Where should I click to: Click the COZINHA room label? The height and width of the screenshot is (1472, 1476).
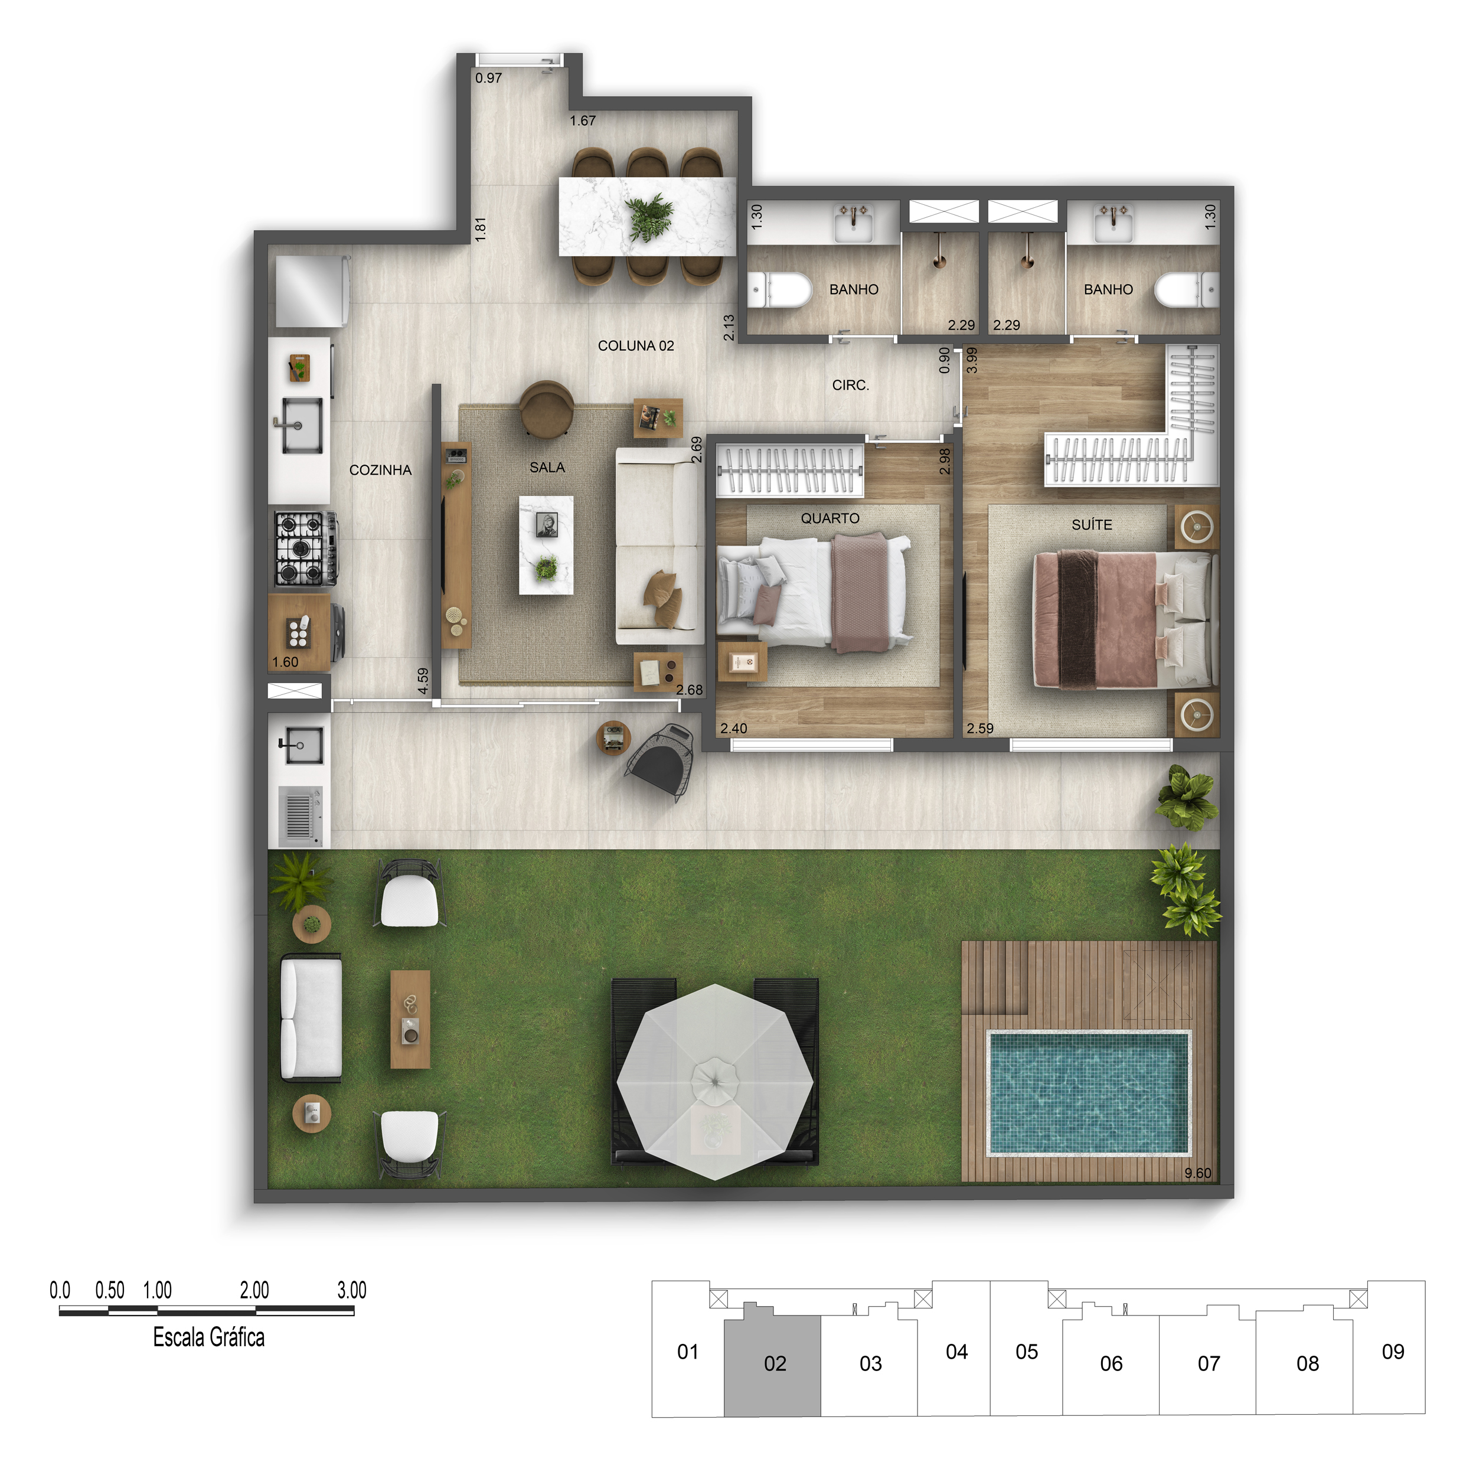click(380, 470)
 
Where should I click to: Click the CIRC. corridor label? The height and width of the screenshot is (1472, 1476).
click(850, 385)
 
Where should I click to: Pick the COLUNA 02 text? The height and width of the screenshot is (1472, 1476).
click(636, 345)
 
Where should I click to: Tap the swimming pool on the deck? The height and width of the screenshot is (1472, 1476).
click(1088, 1092)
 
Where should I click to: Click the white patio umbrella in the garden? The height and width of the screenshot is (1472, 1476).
click(714, 1081)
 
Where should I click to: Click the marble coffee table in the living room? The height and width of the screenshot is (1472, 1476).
click(546, 544)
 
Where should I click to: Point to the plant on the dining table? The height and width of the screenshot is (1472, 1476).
click(649, 217)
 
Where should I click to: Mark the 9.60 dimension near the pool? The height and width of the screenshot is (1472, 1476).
click(1197, 1173)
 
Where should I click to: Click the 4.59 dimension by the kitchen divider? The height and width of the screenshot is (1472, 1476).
click(423, 681)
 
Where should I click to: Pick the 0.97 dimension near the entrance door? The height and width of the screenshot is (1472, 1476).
click(488, 78)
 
